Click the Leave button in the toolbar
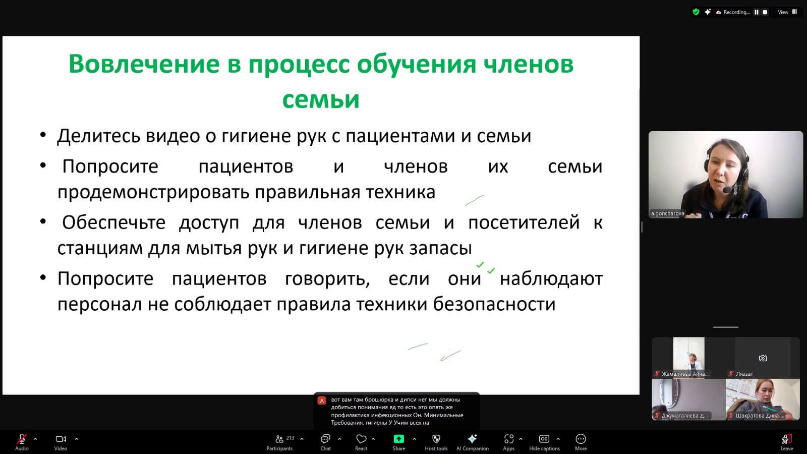tap(786, 442)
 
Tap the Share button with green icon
tap(399, 442)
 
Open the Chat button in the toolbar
tap(325, 442)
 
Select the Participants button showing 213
tap(279, 442)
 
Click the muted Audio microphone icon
tap(22, 439)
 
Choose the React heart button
tap(361, 442)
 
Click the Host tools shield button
tap(436, 442)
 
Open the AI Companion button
tap(472, 442)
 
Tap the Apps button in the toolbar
tap(509, 442)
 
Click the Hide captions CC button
tap(544, 442)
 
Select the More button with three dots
tap(581, 442)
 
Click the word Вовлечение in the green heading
tap(144, 64)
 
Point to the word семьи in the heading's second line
tap(321, 99)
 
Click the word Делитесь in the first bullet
tap(98, 136)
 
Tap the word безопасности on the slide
tap(494, 304)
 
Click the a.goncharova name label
tap(667, 213)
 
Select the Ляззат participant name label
tap(744, 374)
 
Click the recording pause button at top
tap(757, 12)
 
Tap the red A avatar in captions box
tap(322, 401)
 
